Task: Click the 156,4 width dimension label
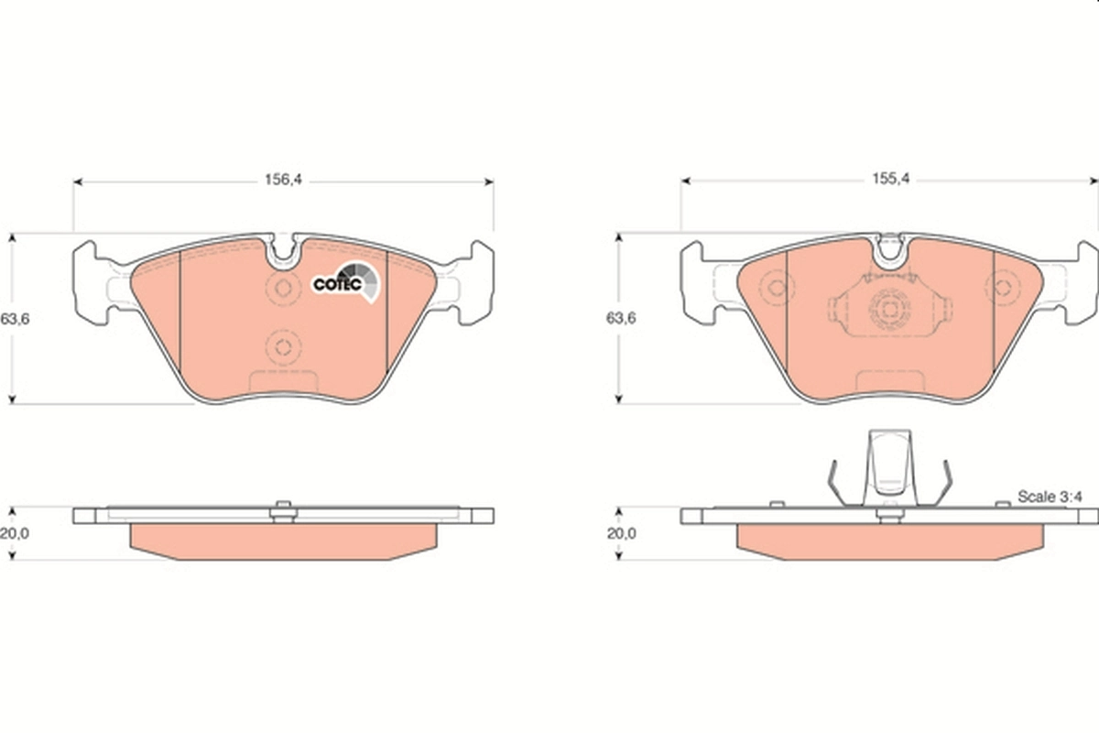coord(283,181)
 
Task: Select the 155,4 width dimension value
coord(889,181)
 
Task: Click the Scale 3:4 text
coord(1050,497)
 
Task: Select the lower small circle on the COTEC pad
coord(283,347)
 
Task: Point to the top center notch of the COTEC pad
coord(286,251)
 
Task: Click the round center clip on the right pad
coord(887,311)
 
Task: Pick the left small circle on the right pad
coord(777,288)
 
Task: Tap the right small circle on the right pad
coord(1004,288)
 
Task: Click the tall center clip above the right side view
coord(888,467)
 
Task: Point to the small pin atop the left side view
coord(284,506)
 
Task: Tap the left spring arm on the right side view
coord(836,482)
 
